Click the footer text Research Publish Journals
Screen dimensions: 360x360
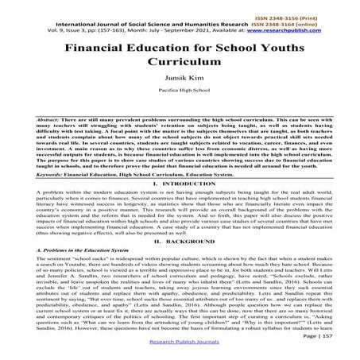(180, 346)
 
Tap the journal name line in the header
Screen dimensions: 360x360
(143, 23)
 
